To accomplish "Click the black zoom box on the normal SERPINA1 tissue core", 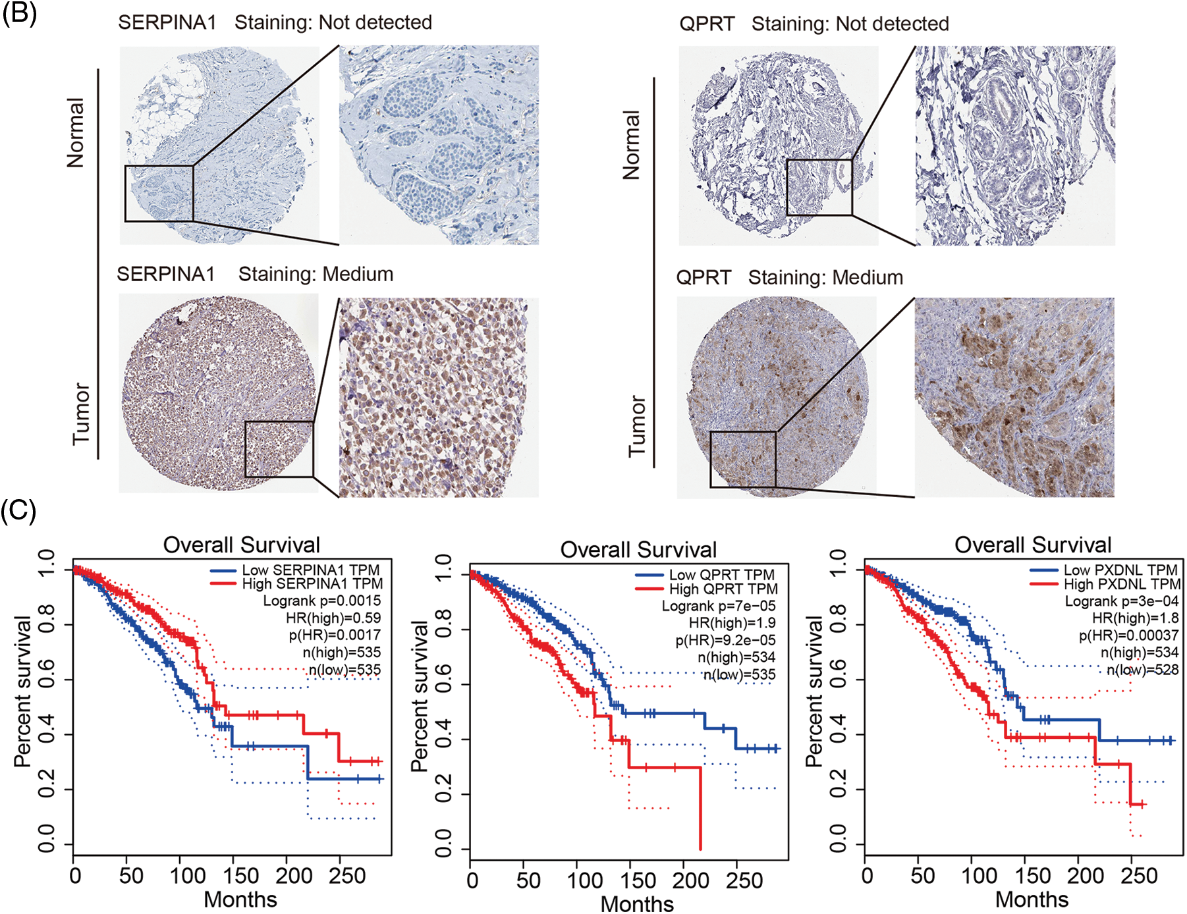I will tap(159, 193).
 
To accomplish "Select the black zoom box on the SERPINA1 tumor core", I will tap(279, 449).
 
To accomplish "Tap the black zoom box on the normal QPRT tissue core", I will tap(819, 188).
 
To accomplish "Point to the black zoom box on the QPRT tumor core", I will tap(743, 460).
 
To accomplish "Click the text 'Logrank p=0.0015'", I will tap(321, 601).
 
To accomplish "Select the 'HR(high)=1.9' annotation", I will tap(732, 623).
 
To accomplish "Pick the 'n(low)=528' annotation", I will tap(1142, 670).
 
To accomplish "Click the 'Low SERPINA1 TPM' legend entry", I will tap(310, 570).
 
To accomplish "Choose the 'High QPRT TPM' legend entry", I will tap(723, 589).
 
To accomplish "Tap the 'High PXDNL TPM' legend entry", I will tap(1122, 584).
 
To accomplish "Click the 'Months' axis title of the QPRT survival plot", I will tap(637, 903).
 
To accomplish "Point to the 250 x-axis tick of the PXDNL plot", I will tap(1139, 876).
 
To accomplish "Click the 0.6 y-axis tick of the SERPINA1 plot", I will tap(47, 680).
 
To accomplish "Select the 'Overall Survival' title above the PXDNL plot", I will tap(1033, 545).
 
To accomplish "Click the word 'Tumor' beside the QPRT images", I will tap(636, 426).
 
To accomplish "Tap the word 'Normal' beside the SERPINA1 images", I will tap(76, 133).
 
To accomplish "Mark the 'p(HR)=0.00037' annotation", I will tap(1128, 635).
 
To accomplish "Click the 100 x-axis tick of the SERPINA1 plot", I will tap(188, 876).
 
